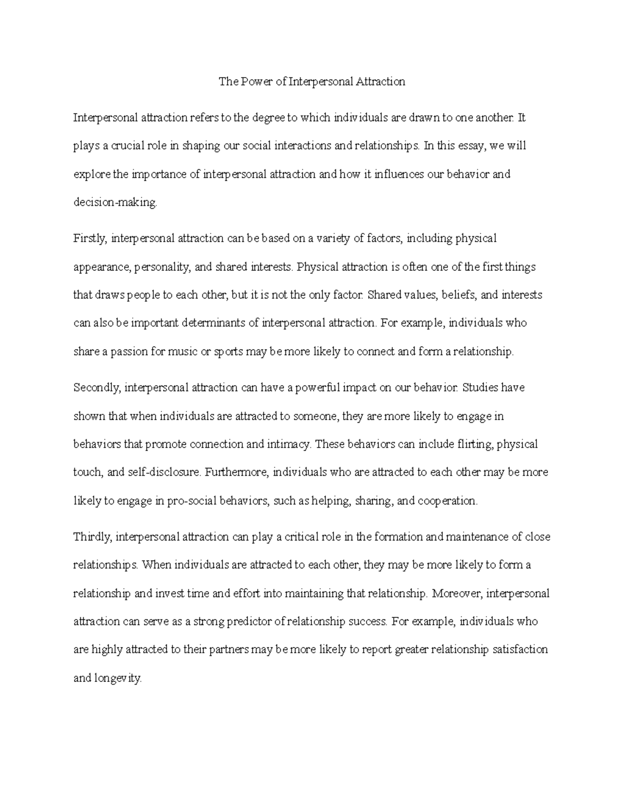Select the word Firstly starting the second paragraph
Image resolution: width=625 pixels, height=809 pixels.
click(x=90, y=239)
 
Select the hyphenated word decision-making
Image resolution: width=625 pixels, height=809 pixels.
click(x=115, y=203)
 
